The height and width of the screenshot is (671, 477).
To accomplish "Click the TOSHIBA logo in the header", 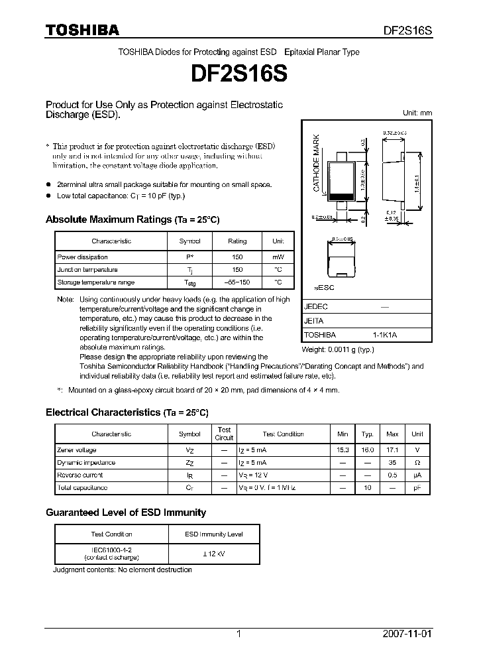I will [81, 30].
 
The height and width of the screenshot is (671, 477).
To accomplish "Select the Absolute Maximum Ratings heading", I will [132, 219].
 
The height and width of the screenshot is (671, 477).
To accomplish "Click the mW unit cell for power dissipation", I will [278, 257].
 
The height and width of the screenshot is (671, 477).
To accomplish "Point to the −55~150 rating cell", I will [237, 282].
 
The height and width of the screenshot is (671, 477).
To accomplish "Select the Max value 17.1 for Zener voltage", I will [392, 450].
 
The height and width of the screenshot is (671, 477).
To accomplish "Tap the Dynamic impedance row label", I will [86, 463].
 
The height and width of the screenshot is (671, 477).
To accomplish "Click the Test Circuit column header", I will [224, 434].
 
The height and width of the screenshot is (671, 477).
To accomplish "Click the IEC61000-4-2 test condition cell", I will [111, 554].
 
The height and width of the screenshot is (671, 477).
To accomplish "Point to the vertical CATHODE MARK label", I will [317, 163].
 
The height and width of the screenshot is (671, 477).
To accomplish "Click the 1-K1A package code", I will [384, 335].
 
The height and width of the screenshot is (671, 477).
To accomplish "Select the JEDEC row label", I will [315, 307].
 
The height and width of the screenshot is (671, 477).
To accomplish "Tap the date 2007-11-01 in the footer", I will [407, 634].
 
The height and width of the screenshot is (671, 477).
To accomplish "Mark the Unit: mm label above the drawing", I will [417, 113].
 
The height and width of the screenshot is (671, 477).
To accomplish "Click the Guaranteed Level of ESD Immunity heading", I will [126, 513].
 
